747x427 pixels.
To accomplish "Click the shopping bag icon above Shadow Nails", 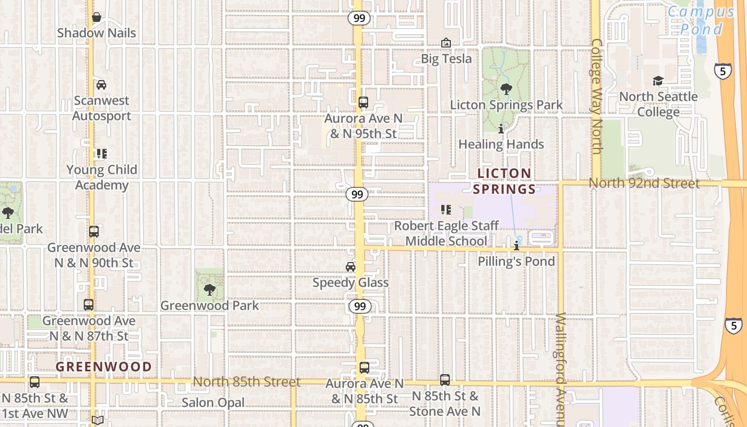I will tap(97, 18).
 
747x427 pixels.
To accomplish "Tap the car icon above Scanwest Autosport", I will tap(101, 85).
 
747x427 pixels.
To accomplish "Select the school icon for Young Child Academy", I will tap(101, 154).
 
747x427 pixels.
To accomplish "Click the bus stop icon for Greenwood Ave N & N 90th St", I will tap(94, 232).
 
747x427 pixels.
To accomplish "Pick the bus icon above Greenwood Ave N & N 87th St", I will tap(89, 305).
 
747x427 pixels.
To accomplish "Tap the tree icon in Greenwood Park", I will tap(210, 290).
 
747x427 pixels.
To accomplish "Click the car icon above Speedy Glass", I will tap(351, 267).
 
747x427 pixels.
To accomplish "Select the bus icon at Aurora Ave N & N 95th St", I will tap(363, 102).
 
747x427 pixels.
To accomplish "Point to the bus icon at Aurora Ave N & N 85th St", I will tap(364, 368).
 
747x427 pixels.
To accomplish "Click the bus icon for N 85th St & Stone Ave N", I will tap(445, 380).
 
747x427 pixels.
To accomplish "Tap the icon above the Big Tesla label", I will tap(446, 43).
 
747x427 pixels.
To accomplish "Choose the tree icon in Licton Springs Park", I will tap(506, 89).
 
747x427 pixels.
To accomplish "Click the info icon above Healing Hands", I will tap(501, 129).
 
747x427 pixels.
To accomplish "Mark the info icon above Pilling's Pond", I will tap(516, 246).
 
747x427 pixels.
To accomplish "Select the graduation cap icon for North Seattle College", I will tap(658, 81).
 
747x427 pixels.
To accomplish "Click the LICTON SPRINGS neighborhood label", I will tap(504, 181).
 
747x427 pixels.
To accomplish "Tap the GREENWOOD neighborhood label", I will tap(104, 367).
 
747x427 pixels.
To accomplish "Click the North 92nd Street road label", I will tap(644, 183).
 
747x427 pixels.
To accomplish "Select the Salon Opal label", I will tap(213, 402).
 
